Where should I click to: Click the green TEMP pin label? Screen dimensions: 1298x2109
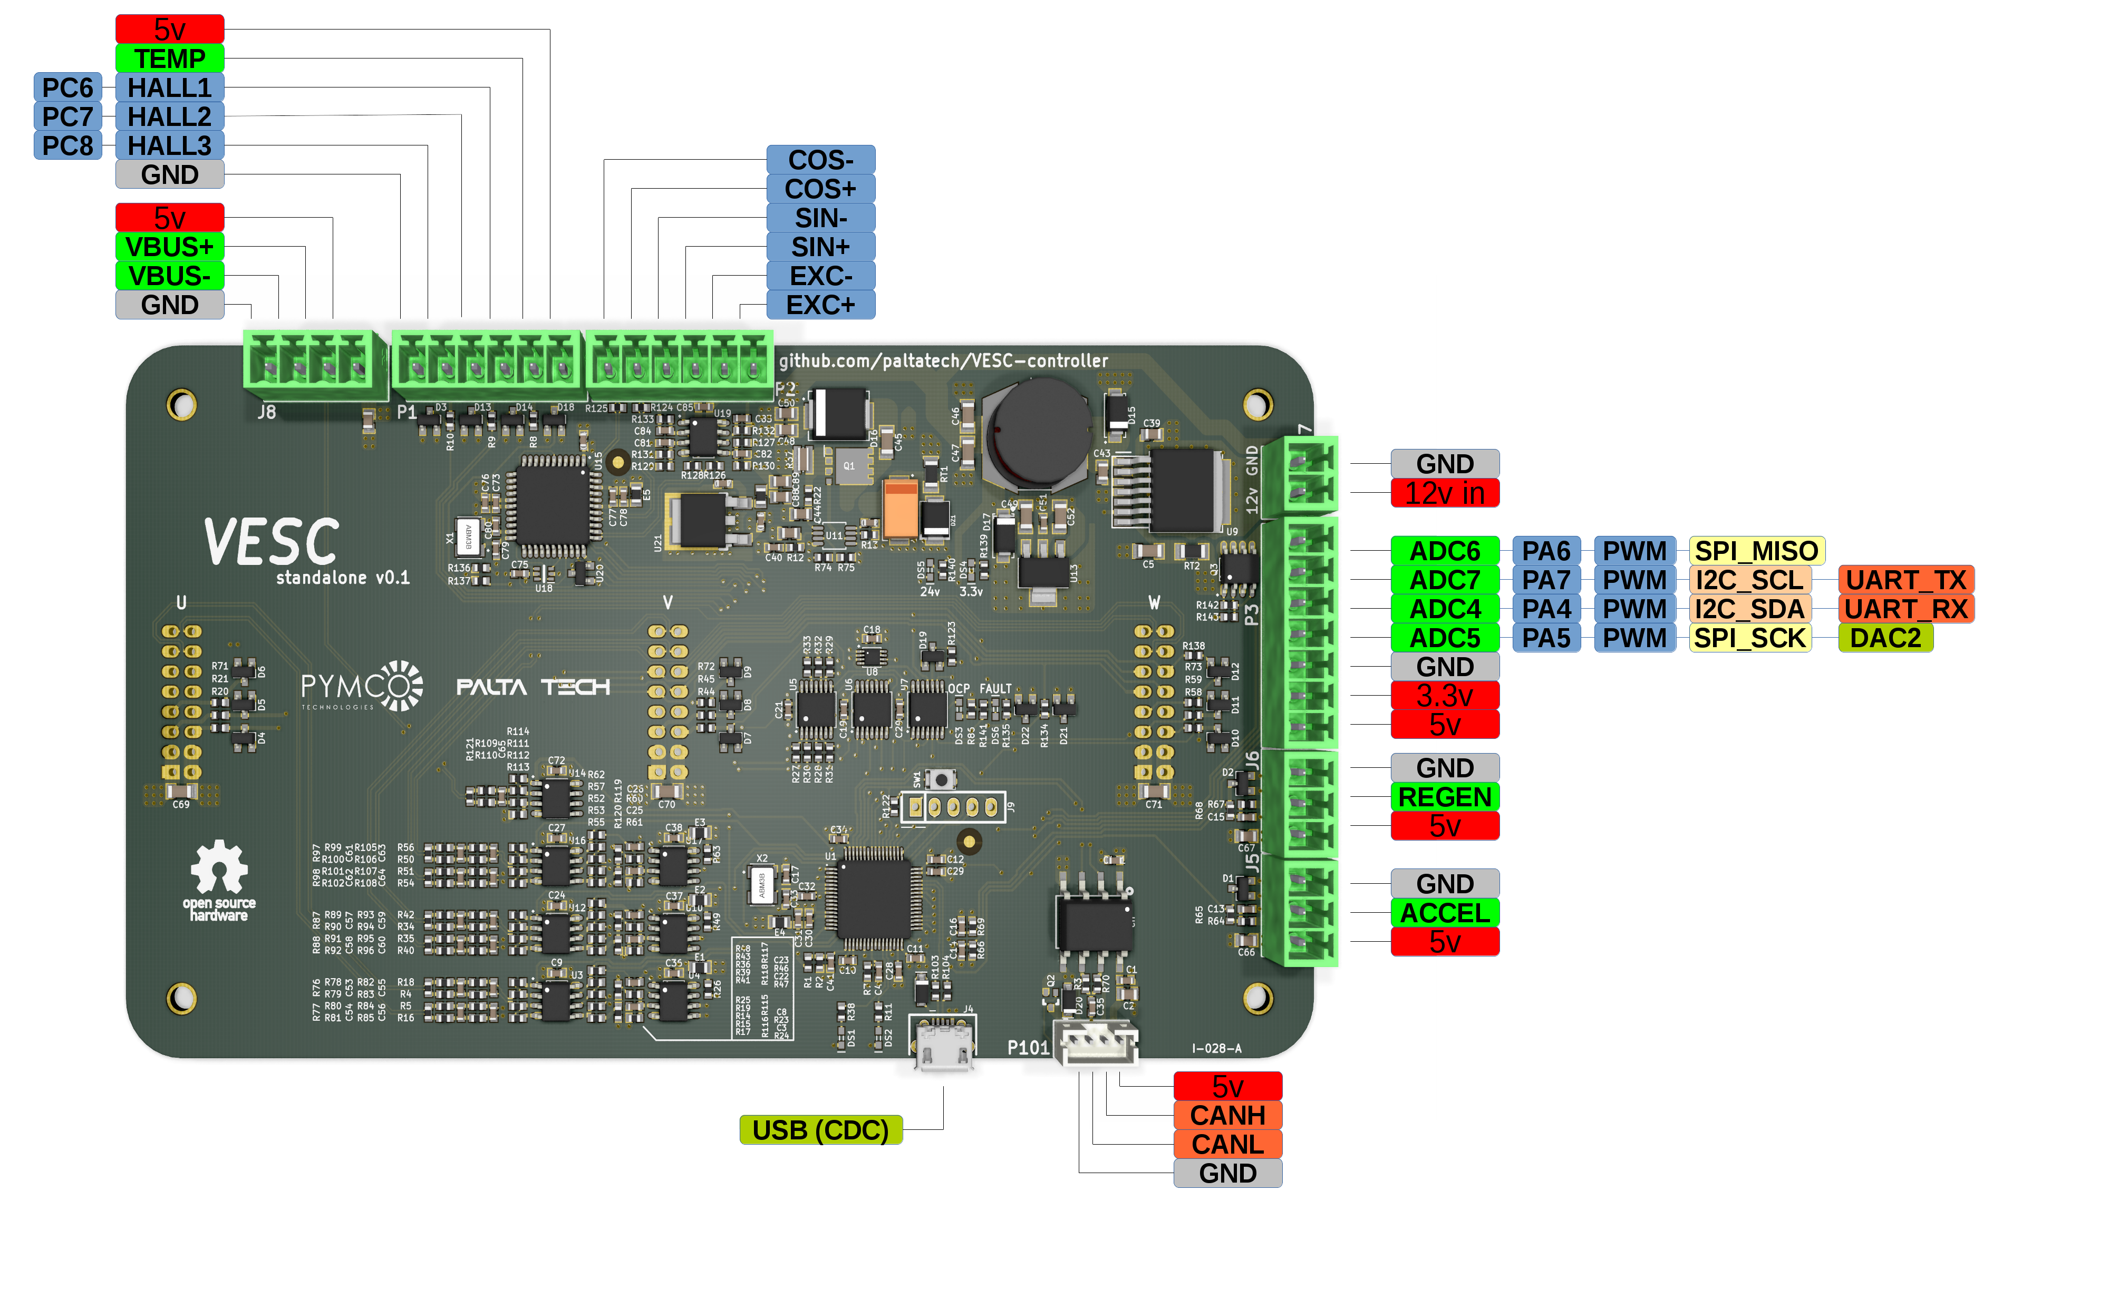[169, 58]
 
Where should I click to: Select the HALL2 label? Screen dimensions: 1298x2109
[169, 116]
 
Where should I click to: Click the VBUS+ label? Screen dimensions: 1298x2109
[169, 247]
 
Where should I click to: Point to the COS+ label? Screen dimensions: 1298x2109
[820, 189]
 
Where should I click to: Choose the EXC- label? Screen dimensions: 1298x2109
[820, 276]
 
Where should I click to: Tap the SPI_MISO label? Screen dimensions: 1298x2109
[1756, 550]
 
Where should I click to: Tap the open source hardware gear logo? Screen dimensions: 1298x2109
[219, 869]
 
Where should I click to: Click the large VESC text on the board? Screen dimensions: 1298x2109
[272, 542]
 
